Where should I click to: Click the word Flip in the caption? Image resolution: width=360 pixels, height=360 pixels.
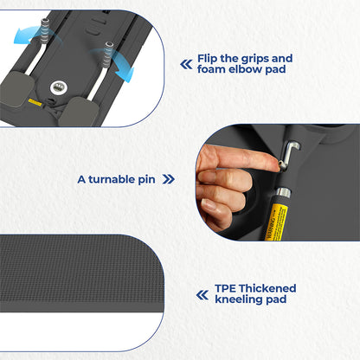(x=207, y=59)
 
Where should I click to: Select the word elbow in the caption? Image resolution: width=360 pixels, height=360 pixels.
(x=246, y=69)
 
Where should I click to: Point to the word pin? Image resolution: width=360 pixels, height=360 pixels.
(x=146, y=180)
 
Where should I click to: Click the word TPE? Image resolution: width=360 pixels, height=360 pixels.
(x=225, y=288)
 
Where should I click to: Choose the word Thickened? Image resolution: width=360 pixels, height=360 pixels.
(x=267, y=288)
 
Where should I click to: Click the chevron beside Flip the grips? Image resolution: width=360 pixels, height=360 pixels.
(x=186, y=64)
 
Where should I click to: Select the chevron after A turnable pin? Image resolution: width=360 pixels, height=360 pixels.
(x=169, y=179)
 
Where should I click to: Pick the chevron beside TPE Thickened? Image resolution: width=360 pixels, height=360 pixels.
(x=202, y=295)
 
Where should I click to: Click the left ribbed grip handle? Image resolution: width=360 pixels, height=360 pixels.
(x=44, y=31)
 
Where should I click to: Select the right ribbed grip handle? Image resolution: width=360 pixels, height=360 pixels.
(x=108, y=55)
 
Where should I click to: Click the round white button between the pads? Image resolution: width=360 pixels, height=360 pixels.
(x=59, y=87)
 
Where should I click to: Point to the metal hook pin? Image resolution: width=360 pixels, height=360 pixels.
(x=289, y=154)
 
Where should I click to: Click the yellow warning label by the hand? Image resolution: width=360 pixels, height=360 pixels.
(x=275, y=222)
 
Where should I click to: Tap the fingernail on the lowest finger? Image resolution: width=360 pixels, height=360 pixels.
(x=209, y=205)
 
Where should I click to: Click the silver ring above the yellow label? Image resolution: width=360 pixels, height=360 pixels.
(x=282, y=192)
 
